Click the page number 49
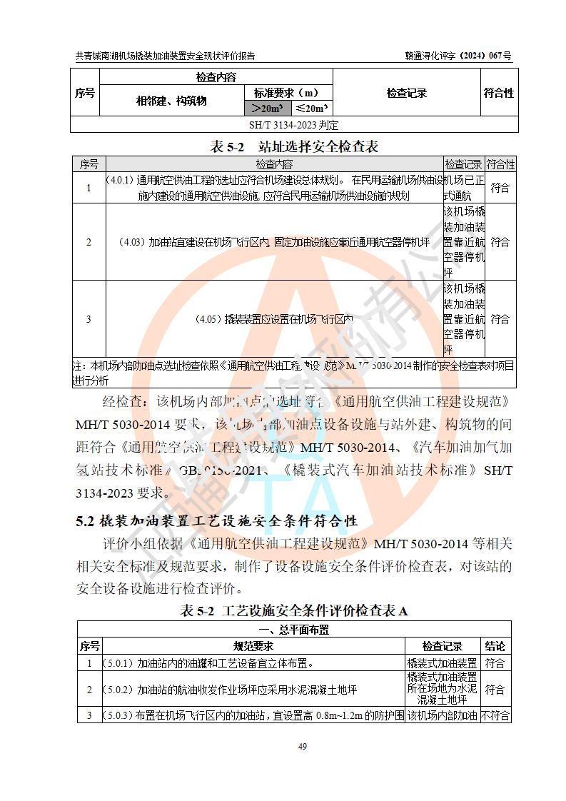click(x=302, y=746)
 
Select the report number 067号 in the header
click(x=500, y=56)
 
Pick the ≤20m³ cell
click(x=311, y=108)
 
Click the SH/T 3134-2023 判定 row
click(x=293, y=125)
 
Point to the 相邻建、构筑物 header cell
click(x=171, y=101)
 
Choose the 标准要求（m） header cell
click(x=288, y=93)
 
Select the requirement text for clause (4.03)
click(x=274, y=242)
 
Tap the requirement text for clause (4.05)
click(x=274, y=319)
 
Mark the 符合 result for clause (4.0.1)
click(x=500, y=188)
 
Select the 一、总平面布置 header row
click(x=293, y=630)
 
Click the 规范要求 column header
click(x=253, y=646)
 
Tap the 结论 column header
click(x=495, y=646)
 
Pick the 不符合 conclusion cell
click(x=495, y=715)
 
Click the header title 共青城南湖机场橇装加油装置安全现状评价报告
click(x=165, y=56)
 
